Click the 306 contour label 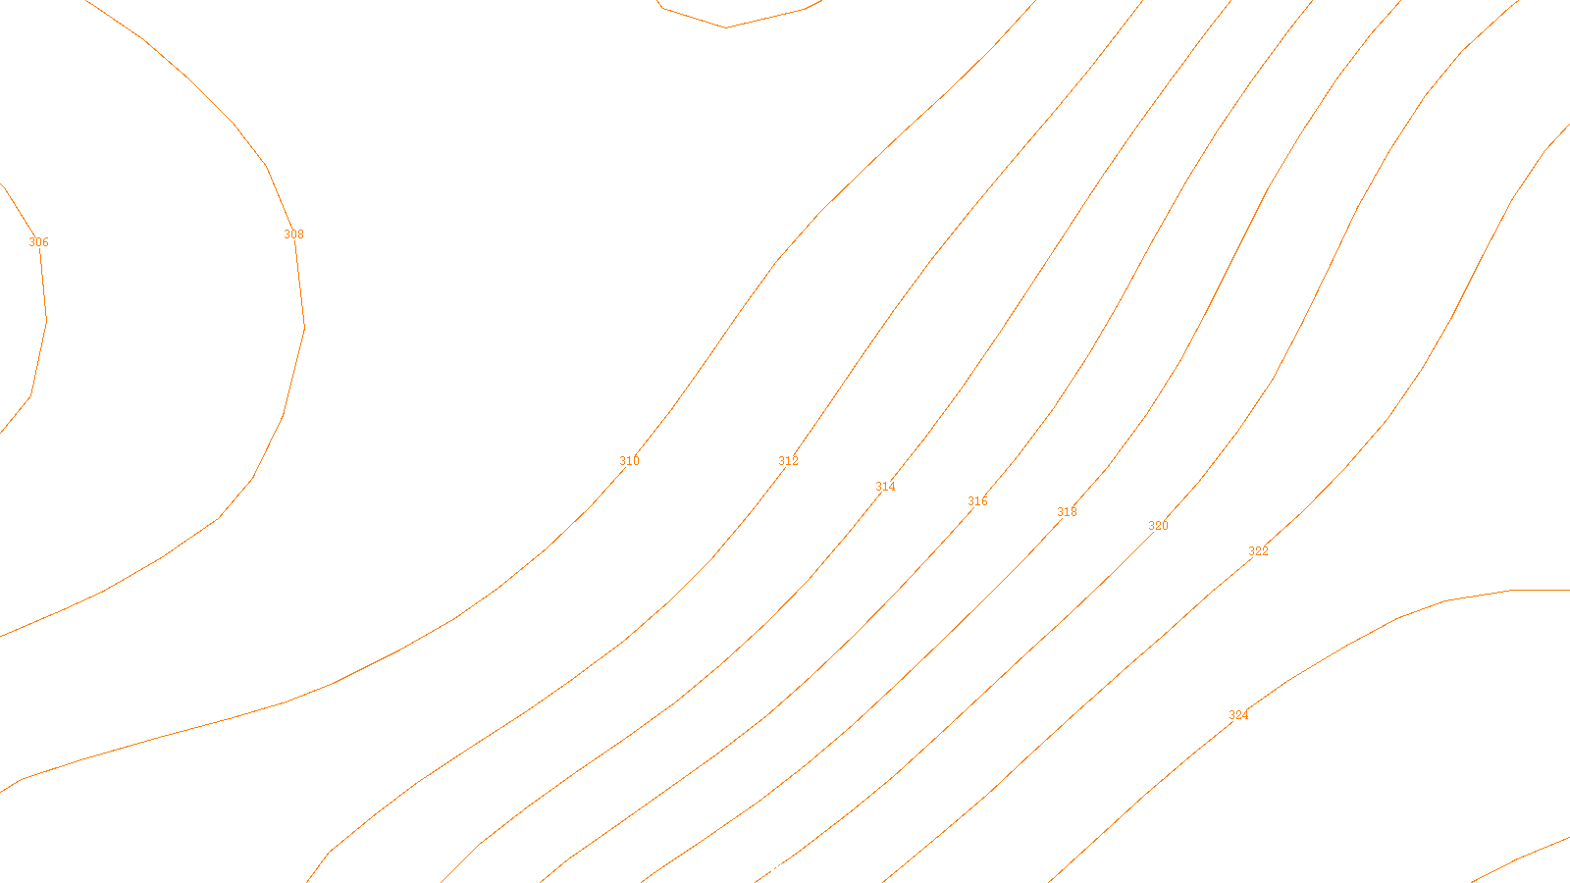point(38,242)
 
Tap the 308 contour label point(293,234)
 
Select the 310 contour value point(629,461)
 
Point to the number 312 point(788,461)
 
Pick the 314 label point(885,487)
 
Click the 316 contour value point(977,501)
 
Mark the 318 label point(1067,512)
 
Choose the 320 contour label point(1158,526)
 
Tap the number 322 point(1258,551)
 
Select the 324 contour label point(1238,715)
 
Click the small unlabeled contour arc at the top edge point(726,26)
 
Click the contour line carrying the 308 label point(284,415)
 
